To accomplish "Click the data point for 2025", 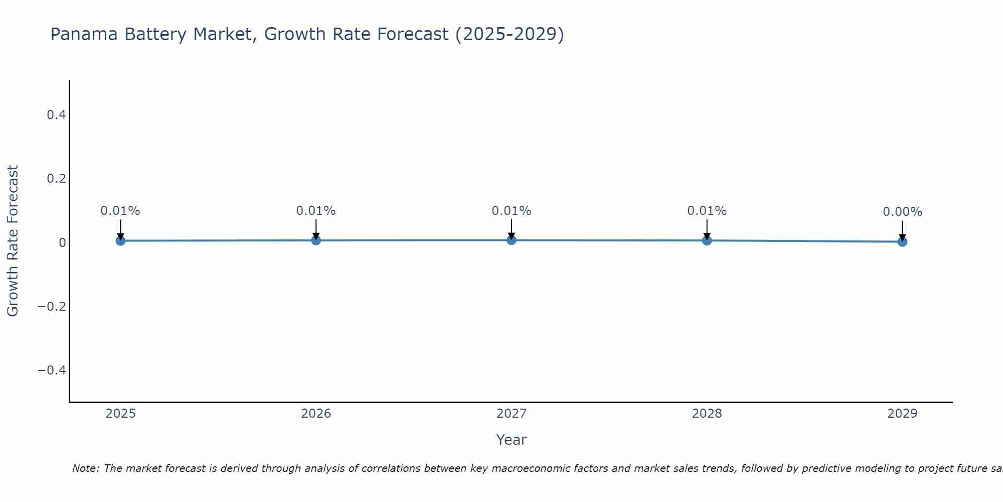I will coord(120,240).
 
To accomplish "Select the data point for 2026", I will coord(316,240).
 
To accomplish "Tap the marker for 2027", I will coord(512,240).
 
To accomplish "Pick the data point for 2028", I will coord(707,240).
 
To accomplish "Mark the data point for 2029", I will coord(902,241).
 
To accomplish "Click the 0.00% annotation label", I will coord(902,212).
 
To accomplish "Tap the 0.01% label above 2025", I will coord(120,211).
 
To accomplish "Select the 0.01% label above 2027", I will coord(512,211).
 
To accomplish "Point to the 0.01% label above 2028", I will coord(707,211).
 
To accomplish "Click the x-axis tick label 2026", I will coord(316,414).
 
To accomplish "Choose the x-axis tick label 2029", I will coord(902,414).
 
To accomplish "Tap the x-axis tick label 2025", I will coord(121,414).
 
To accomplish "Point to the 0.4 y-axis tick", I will coord(56,115).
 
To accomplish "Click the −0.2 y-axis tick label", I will coord(52,306).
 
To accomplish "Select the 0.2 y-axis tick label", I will coord(56,179).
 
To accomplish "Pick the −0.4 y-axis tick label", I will coord(52,370).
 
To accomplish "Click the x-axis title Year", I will coord(511,440).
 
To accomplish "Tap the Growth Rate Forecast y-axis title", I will coord(13,240).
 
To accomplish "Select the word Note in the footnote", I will coord(85,468).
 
